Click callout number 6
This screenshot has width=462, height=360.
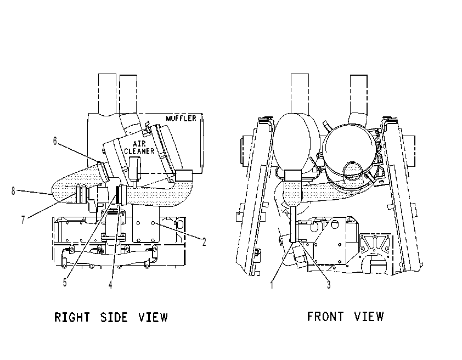point(55,141)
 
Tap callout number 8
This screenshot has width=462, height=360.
point(13,191)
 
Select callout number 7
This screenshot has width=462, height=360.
point(23,220)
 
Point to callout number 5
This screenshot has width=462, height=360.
point(65,283)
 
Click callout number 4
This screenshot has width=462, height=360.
point(110,285)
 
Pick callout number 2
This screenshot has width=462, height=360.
point(204,242)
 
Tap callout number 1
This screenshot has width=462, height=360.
point(272,285)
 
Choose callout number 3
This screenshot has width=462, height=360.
point(329,285)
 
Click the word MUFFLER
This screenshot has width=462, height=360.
point(181,119)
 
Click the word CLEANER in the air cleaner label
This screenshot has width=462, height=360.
point(139,151)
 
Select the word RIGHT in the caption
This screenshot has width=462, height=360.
point(72,317)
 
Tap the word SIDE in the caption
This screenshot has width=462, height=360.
point(114,317)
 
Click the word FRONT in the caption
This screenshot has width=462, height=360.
point(325,317)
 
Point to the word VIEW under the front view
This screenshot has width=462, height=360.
point(369,317)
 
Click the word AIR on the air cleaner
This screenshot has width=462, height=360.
point(139,144)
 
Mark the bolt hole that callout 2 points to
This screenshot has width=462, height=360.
point(153,223)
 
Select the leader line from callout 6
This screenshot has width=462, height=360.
point(78,152)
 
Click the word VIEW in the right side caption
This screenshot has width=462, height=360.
point(153,317)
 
